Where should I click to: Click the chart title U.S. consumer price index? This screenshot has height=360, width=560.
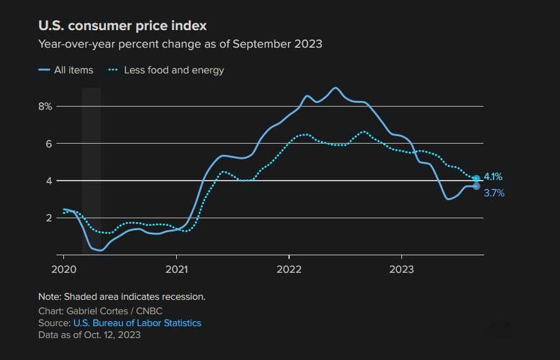[x=122, y=26]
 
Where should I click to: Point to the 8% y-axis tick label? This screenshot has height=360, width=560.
[x=45, y=106]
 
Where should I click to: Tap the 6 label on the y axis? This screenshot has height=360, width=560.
[x=48, y=144]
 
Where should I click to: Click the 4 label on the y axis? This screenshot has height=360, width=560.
[x=48, y=181]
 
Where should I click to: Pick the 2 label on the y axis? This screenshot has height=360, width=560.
[x=48, y=218]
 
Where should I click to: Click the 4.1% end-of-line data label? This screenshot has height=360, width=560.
[x=493, y=177]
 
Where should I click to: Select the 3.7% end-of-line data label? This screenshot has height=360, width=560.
[x=494, y=193]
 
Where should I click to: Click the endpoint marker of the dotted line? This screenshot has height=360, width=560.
[x=476, y=179]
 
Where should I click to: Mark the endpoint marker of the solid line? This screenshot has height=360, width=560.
[x=476, y=186]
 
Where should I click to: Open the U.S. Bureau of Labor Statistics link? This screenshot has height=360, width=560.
[x=137, y=323]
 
